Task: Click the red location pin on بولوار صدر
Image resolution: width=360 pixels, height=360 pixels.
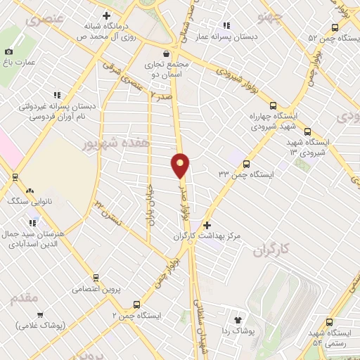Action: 181,165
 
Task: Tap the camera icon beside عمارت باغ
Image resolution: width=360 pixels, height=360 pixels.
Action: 8,51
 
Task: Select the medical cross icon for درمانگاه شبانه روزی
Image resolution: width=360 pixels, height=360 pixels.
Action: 105,15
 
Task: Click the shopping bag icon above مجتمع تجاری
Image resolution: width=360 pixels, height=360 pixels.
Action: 165,53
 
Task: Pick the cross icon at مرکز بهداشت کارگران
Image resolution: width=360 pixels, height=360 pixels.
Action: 206,226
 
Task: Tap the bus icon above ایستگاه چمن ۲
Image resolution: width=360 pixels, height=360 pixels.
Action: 136,305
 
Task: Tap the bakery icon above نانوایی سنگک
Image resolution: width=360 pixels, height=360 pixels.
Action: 30,190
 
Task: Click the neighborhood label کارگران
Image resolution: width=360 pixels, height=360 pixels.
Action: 271,250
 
